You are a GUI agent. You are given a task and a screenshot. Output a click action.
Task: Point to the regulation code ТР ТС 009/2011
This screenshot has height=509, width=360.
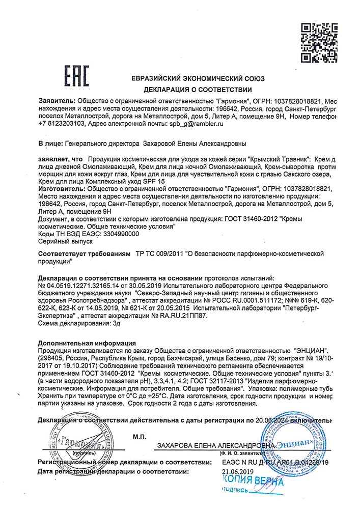pos(158,253)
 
